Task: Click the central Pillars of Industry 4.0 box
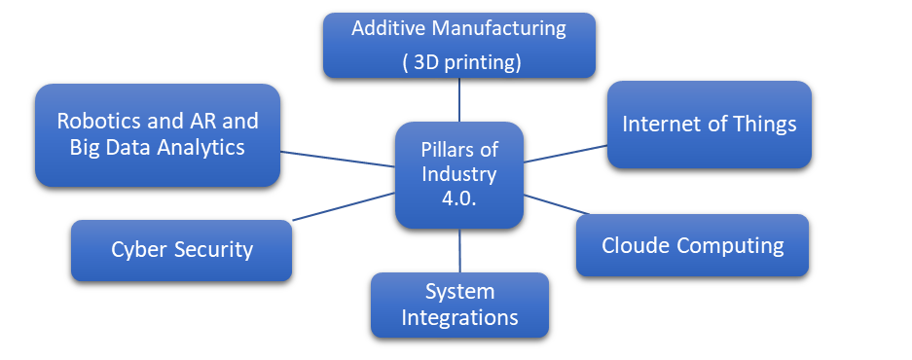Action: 458,175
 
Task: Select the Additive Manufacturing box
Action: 458,45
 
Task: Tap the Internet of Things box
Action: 709,125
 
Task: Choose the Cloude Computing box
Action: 692,245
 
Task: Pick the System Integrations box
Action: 459,305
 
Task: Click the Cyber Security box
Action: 181,250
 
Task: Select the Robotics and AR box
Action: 158,134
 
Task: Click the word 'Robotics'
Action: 97,122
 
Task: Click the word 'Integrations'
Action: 459,317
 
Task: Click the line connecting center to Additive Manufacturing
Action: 458,100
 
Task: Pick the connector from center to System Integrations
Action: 459,250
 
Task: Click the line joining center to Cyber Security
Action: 343,205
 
